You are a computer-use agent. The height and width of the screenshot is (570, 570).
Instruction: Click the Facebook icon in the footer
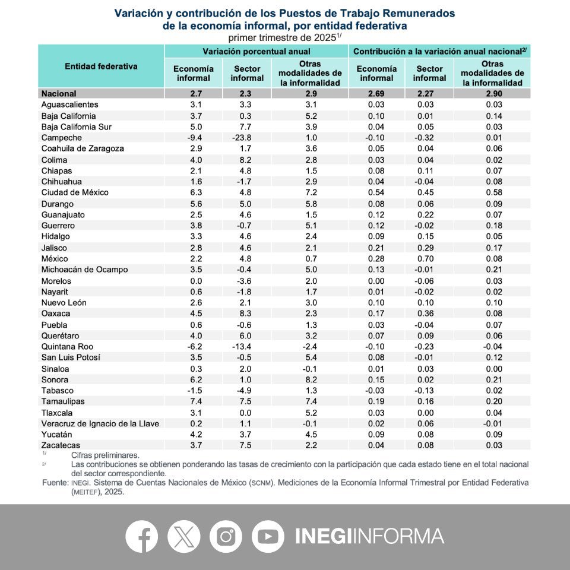coord(141,536)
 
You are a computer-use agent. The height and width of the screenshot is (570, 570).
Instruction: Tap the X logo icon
coord(183,536)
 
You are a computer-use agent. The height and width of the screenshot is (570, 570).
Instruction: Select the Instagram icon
coord(226,536)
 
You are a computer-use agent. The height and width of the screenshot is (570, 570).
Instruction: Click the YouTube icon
coord(268,536)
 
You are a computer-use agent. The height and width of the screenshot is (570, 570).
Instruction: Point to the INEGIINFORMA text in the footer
coord(369,536)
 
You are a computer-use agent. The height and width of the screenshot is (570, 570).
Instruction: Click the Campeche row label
coord(61,137)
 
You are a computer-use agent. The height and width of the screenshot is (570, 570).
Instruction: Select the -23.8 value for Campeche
coord(247,137)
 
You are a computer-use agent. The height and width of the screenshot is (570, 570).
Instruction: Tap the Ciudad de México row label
coord(75,192)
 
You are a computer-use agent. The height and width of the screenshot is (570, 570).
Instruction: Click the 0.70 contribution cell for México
coord(429,258)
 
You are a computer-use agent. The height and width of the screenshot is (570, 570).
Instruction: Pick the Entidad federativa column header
coord(101,66)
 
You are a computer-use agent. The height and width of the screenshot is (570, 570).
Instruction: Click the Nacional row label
coord(59,93)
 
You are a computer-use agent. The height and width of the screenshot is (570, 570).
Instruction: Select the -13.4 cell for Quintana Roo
coord(247,346)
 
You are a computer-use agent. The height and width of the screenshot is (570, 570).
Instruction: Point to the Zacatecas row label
coord(61,445)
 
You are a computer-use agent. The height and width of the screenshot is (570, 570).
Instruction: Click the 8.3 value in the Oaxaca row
coord(247,313)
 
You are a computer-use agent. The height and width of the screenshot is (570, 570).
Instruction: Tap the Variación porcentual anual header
coord(256,52)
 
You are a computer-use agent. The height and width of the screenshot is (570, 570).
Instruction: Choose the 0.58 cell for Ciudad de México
coord(492,192)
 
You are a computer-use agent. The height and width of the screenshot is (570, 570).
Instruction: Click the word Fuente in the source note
coord(55,483)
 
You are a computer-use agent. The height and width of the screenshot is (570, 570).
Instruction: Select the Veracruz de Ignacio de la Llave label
coord(100,423)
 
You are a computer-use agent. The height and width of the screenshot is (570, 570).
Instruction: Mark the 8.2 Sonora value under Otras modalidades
coord(309,379)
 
